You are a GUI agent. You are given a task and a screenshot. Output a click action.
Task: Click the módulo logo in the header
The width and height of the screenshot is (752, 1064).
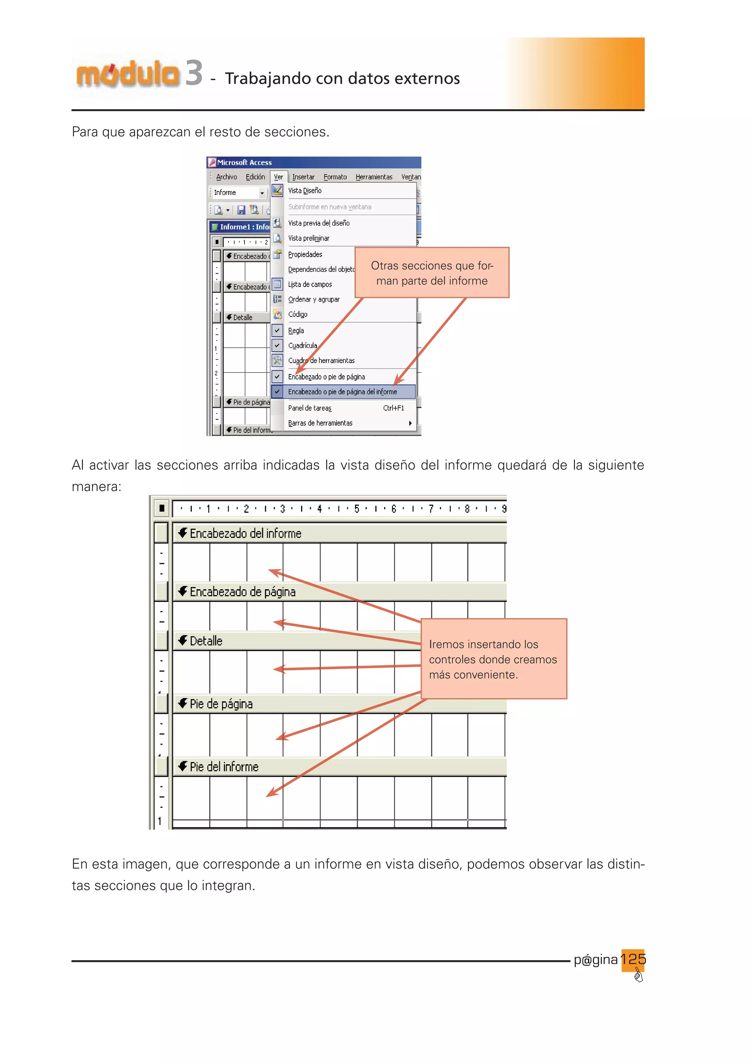click(127, 74)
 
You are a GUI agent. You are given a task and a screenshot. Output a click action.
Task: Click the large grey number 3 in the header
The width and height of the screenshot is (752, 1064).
click(194, 73)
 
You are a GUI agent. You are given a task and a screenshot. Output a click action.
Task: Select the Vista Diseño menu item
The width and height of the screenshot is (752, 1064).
click(305, 190)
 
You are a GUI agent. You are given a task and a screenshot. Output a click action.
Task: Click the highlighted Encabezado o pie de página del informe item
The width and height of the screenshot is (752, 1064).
click(342, 392)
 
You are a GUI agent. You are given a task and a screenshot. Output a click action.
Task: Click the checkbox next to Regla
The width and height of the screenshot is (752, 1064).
click(277, 330)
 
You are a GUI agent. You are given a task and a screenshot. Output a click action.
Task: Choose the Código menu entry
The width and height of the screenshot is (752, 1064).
click(297, 314)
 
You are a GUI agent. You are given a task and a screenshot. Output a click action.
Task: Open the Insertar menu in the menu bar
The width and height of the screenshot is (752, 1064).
click(303, 177)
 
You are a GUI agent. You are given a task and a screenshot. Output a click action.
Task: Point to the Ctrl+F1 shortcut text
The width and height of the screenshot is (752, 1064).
click(393, 408)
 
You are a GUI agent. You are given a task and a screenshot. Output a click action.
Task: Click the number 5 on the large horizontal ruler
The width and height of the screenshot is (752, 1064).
click(357, 509)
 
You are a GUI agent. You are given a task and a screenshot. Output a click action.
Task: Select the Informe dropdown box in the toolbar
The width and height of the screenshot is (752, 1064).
click(238, 192)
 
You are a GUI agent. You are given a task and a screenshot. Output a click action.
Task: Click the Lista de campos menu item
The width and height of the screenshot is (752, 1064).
click(310, 284)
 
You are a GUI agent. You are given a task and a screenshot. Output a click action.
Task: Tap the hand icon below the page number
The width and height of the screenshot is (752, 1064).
click(638, 977)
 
